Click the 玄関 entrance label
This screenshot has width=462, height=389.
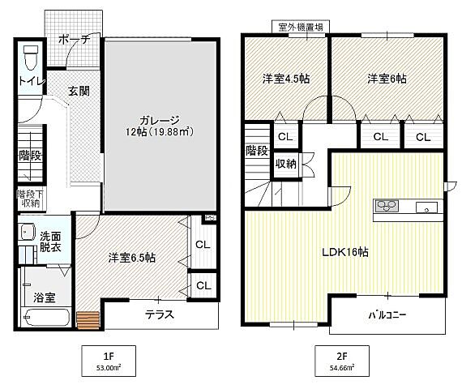[79, 90]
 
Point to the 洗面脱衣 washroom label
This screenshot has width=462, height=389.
[51, 241]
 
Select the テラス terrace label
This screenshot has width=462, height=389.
[160, 315]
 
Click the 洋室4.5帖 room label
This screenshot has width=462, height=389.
[286, 79]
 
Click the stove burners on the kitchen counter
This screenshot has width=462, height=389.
[385, 206]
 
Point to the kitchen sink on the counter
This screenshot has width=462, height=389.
[426, 208]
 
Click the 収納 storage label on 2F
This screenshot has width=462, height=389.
[285, 164]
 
